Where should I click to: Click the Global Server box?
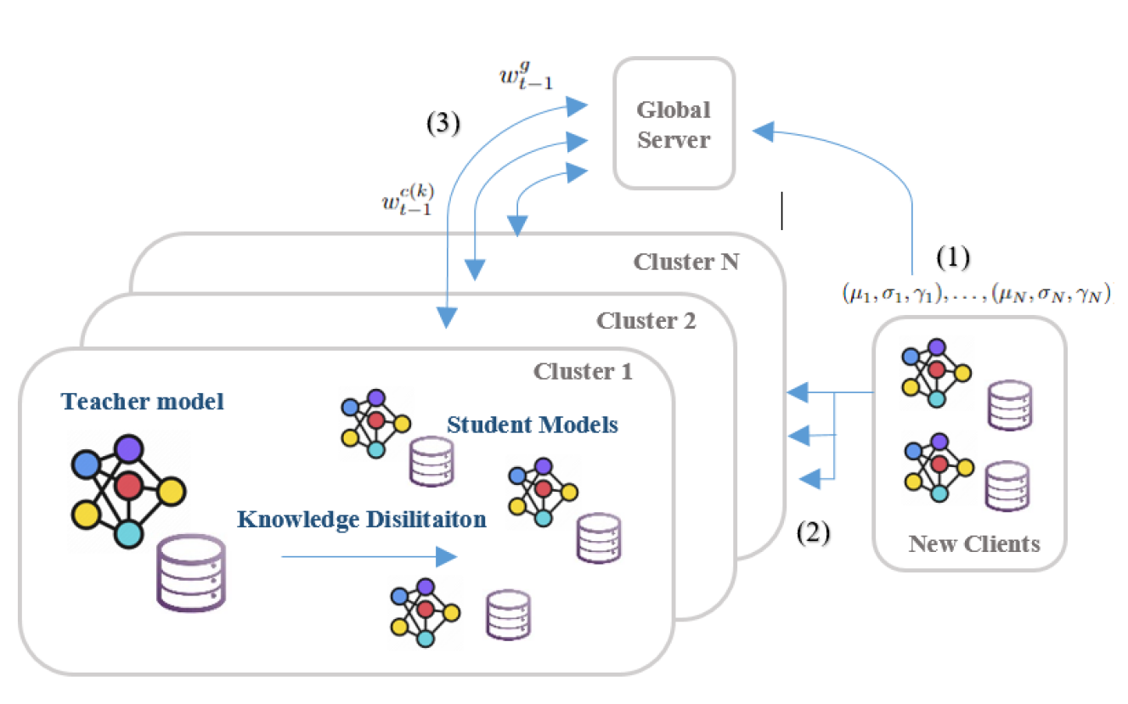point(674,122)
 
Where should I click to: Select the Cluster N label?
point(685,261)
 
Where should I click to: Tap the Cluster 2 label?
point(646,321)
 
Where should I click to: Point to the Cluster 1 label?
point(583,371)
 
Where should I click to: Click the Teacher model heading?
point(142,401)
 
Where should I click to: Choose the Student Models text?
point(533,424)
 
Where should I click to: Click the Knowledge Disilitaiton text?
point(362,519)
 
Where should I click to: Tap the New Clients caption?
point(974,543)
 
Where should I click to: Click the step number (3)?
point(443,124)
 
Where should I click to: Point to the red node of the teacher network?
point(129,486)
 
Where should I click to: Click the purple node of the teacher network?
point(130,449)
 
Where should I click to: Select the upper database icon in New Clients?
point(1009,404)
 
